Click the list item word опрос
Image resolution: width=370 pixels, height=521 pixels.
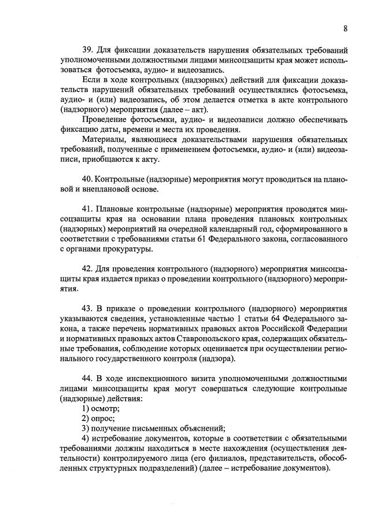(x=103, y=418)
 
